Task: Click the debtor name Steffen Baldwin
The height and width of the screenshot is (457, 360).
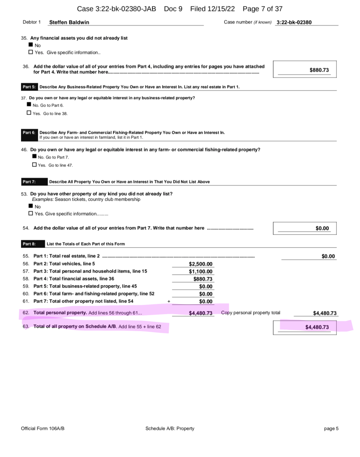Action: coord(69,22)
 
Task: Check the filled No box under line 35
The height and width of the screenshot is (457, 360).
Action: coord(31,45)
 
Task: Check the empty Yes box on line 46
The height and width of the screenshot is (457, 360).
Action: coord(35,165)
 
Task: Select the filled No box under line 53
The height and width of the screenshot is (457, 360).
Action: coord(31,207)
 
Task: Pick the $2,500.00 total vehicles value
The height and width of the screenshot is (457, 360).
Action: coord(201,264)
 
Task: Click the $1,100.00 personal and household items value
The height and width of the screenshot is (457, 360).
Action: coord(201,271)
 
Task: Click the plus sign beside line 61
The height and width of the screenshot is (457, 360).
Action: coord(169,302)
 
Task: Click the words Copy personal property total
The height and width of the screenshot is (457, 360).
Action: coord(251,312)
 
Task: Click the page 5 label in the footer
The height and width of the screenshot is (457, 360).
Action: coord(331,428)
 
